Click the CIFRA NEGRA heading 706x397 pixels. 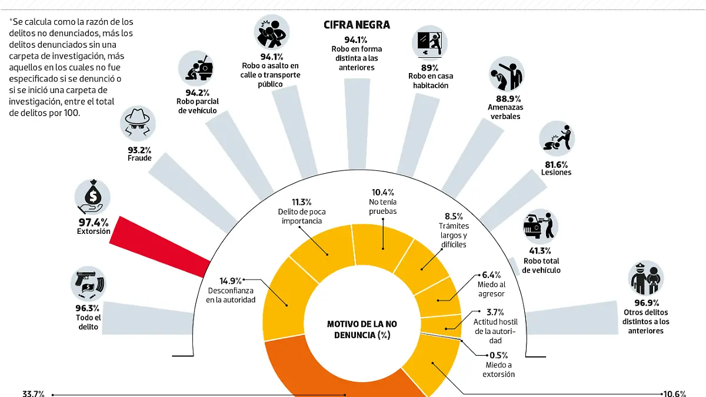click(x=357, y=25)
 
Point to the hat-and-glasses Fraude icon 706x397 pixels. click(x=139, y=125)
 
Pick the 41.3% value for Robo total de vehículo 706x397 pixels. click(x=541, y=250)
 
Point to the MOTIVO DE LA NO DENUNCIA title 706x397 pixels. click(x=361, y=330)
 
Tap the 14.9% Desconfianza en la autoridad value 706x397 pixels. click(x=231, y=280)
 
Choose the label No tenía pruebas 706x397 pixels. click(x=383, y=206)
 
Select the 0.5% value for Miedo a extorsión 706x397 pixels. click(x=498, y=355)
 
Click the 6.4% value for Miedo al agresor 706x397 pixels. click(x=491, y=274)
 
